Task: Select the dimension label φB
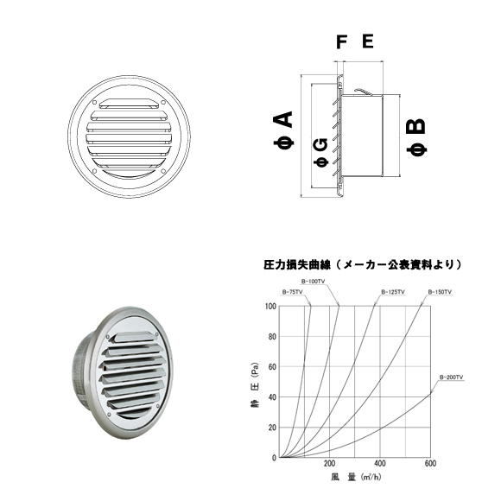pyautogui.click(x=415, y=137)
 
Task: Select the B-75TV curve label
pyautogui.click(x=293, y=292)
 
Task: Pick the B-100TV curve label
pyautogui.click(x=314, y=282)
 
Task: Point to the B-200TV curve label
pyautogui.click(x=452, y=377)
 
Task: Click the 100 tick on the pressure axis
pyautogui.click(x=272, y=307)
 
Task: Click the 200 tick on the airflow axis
pyautogui.click(x=330, y=466)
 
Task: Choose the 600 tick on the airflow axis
pyautogui.click(x=430, y=466)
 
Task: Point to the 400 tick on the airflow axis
pyautogui.click(x=380, y=466)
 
